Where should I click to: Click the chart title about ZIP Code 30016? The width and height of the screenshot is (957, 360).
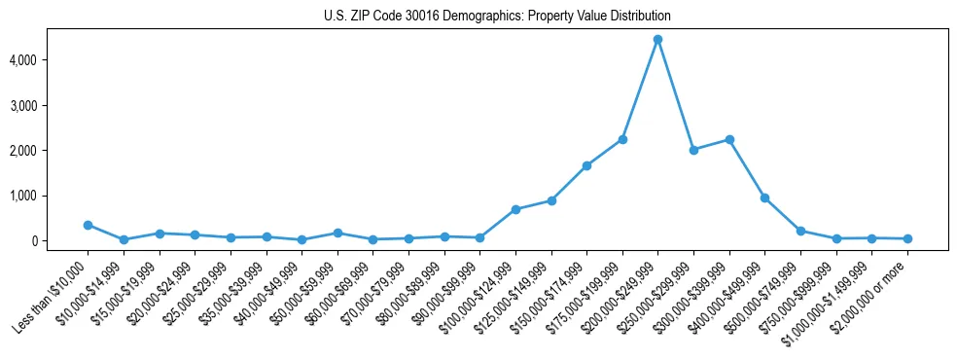click(497, 17)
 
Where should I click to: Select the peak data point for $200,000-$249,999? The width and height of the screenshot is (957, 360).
click(657, 40)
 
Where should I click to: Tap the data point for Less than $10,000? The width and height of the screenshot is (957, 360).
click(88, 225)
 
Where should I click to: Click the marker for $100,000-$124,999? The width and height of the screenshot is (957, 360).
click(515, 209)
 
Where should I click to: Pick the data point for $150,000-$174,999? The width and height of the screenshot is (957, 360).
click(586, 165)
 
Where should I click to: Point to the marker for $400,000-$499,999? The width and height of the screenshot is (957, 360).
click(764, 198)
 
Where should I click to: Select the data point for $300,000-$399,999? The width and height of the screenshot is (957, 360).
click(729, 139)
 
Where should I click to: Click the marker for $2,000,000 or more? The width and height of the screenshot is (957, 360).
click(907, 238)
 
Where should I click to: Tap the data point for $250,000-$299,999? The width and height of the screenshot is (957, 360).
click(693, 150)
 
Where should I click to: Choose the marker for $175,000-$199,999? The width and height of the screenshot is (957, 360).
click(622, 139)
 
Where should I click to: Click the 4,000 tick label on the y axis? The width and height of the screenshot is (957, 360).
click(51, 60)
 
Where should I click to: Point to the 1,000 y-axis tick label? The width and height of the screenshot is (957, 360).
click(51, 196)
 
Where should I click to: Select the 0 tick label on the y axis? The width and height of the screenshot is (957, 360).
click(60, 241)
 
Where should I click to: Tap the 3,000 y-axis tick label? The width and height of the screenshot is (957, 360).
click(51, 105)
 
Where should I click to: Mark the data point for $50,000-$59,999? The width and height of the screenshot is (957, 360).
click(337, 233)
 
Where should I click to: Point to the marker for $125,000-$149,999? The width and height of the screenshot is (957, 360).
click(551, 200)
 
